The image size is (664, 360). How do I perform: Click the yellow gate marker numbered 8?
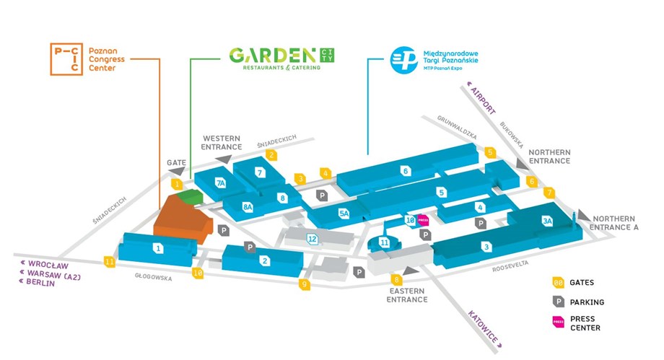point(396,279)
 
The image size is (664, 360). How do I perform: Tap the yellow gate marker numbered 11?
point(110,262)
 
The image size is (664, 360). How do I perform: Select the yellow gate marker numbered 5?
point(490,152)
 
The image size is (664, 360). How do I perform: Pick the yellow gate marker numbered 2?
point(271,155)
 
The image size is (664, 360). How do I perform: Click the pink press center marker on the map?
point(423,220)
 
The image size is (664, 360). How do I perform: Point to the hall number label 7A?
point(220,183)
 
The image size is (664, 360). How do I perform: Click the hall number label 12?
point(312,240)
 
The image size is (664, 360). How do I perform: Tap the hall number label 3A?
point(547,221)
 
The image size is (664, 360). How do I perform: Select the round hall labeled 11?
point(384,242)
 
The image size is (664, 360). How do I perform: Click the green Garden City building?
point(189,196)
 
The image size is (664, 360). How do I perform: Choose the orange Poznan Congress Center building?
point(181,220)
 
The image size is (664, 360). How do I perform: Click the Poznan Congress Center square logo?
point(66,59)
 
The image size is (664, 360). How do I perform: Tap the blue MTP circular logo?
point(403,60)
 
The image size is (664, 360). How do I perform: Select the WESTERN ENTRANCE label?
point(222,143)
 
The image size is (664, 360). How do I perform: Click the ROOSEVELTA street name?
point(510,267)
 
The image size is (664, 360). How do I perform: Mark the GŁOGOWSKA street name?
point(153,277)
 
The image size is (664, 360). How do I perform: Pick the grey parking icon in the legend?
point(559,302)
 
